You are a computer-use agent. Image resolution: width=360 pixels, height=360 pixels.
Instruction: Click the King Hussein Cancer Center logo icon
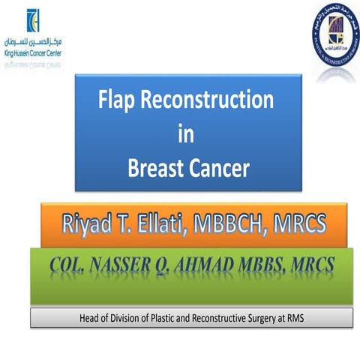click(x=33, y=21)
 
